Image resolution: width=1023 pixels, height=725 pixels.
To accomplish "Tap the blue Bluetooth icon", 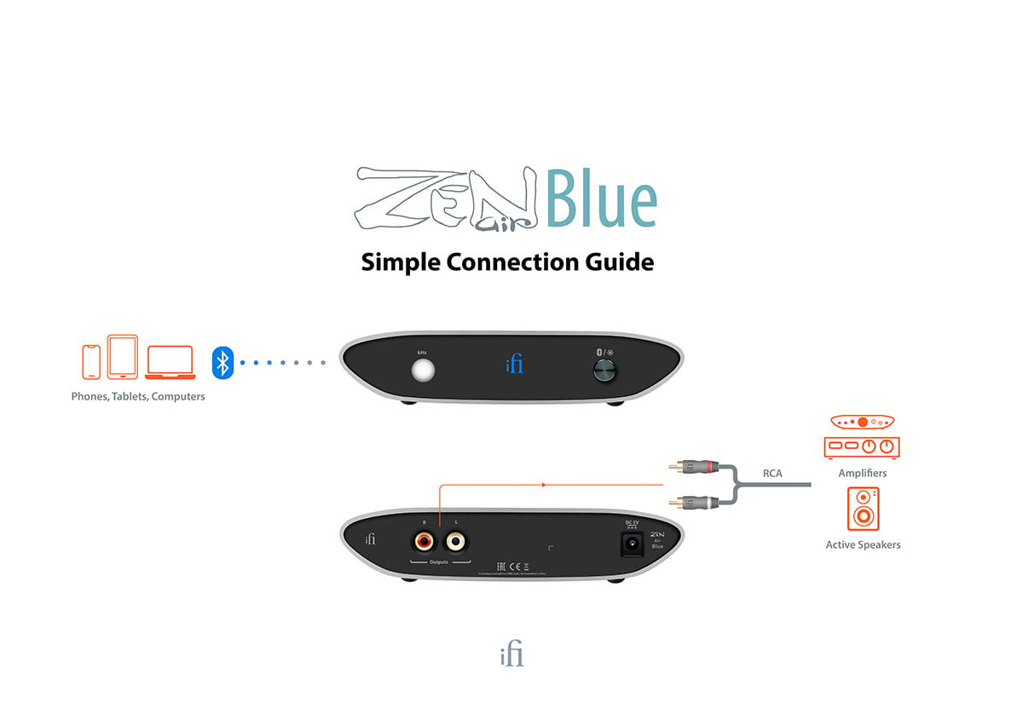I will click(x=223, y=363).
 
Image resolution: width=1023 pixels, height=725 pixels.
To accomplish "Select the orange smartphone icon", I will click(x=91, y=362).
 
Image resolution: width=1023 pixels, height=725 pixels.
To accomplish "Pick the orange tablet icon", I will click(x=123, y=357).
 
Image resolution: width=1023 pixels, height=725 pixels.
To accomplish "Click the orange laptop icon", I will click(x=170, y=362).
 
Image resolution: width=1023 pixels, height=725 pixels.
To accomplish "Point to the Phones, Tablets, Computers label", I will click(x=138, y=396).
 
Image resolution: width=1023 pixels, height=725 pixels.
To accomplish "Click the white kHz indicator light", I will click(x=422, y=371).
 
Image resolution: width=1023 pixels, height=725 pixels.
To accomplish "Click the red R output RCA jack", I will click(x=424, y=541).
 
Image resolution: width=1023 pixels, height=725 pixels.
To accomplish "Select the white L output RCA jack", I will click(x=455, y=541).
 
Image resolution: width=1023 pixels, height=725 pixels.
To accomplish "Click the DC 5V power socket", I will click(x=633, y=543).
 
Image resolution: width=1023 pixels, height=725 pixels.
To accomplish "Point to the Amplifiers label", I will click(x=863, y=473).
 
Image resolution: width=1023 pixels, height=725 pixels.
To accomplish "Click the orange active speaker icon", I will click(x=863, y=508).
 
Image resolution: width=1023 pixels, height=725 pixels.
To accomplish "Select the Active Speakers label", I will click(x=863, y=544).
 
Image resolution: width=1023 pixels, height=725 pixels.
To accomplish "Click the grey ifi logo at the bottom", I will click(x=511, y=655).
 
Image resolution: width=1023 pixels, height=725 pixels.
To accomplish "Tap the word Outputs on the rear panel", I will click(x=439, y=562).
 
